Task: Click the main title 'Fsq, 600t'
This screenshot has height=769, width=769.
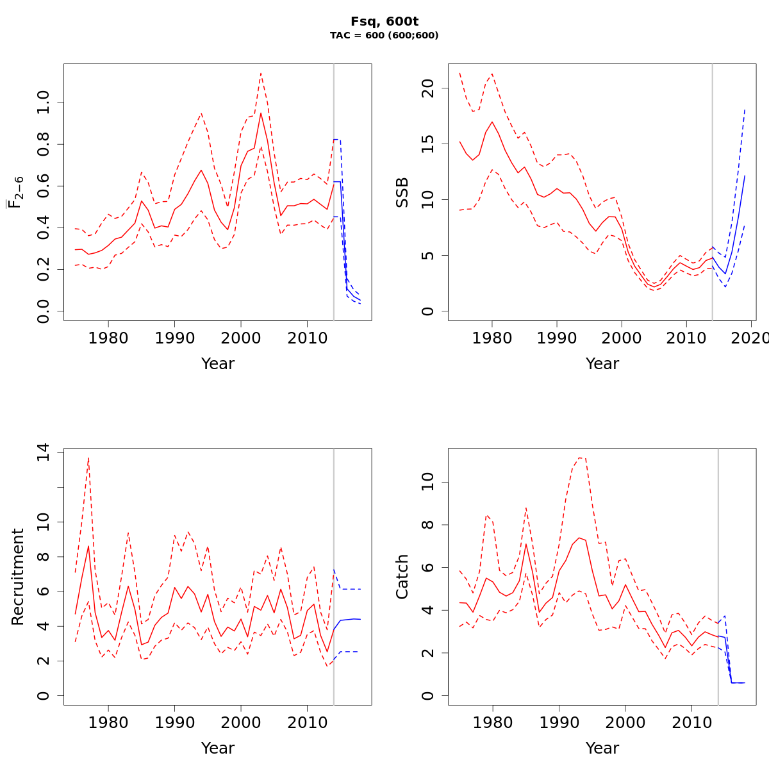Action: point(384,22)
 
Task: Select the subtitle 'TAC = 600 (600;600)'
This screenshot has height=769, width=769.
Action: point(384,36)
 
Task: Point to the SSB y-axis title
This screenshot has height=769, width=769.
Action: point(402,192)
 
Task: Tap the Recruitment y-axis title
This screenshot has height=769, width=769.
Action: point(18,577)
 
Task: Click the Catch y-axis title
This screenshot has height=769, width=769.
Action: point(402,577)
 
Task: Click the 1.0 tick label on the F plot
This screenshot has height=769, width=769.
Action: point(43,103)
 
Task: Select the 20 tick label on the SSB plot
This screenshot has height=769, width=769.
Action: point(427,89)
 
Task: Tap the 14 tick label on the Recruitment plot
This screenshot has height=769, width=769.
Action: point(43,453)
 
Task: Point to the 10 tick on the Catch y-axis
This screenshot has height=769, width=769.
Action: point(427,482)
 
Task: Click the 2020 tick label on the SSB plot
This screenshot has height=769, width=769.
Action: point(750,338)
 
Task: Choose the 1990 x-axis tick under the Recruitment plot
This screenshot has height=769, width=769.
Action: point(174,722)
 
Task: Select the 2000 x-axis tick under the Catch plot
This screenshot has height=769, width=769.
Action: point(625,722)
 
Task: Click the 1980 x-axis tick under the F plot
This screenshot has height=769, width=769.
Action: point(108,338)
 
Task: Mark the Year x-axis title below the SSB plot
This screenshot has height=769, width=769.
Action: point(602,364)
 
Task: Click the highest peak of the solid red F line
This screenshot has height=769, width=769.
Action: point(261,113)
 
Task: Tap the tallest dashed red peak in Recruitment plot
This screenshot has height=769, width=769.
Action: point(88,457)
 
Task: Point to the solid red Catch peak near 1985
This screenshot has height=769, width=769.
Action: point(526,543)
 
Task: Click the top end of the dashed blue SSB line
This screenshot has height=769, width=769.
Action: point(745,109)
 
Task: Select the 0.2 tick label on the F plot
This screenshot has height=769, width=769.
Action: point(43,269)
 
